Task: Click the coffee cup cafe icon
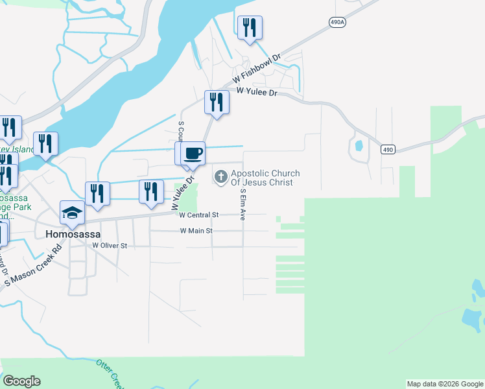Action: pyautogui.click(x=193, y=154)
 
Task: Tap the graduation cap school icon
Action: pyautogui.click(x=71, y=213)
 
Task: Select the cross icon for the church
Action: pyautogui.click(x=220, y=176)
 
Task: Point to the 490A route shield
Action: pyautogui.click(x=337, y=21)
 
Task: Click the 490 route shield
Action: pyautogui.click(x=388, y=150)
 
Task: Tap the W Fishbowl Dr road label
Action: pyautogui.click(x=256, y=70)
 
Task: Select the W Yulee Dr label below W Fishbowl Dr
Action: pyautogui.click(x=257, y=93)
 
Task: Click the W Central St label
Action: pyautogui.click(x=200, y=215)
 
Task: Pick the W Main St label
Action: pyautogui.click(x=196, y=231)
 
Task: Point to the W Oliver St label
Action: pyautogui.click(x=110, y=246)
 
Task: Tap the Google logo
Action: pyautogui.click(x=21, y=381)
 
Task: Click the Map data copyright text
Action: pyautogui.click(x=445, y=384)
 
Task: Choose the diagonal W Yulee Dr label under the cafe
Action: pyautogui.click(x=183, y=193)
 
